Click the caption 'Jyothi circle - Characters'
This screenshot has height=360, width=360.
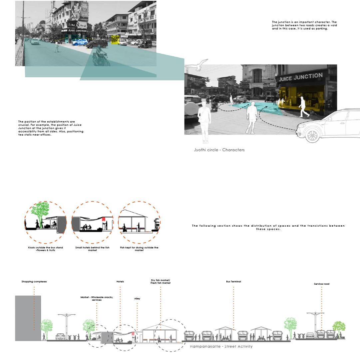[x=219, y=150]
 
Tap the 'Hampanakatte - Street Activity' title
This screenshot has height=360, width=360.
[x=221, y=347]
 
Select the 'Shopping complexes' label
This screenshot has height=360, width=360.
[x=34, y=282]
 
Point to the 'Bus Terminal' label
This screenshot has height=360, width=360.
[x=233, y=282]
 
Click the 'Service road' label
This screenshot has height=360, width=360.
[x=321, y=284]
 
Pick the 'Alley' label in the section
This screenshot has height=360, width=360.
[x=137, y=299]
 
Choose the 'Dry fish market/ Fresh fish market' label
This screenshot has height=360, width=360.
[x=161, y=282]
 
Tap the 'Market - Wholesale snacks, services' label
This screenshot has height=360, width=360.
[x=97, y=299]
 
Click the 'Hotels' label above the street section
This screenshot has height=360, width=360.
[x=120, y=282]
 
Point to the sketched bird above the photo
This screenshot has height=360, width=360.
[x=197, y=65]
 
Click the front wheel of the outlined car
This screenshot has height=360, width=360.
[x=312, y=136]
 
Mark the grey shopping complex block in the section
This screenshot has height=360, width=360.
[x=28, y=318]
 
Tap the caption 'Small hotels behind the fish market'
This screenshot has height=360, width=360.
[x=92, y=249]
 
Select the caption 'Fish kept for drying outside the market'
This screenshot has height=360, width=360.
[x=139, y=249]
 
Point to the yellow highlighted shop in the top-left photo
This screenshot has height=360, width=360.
[x=115, y=39]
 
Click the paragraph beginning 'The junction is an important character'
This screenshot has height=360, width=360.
[x=304, y=25]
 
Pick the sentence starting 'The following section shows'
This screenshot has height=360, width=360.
[x=268, y=227]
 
